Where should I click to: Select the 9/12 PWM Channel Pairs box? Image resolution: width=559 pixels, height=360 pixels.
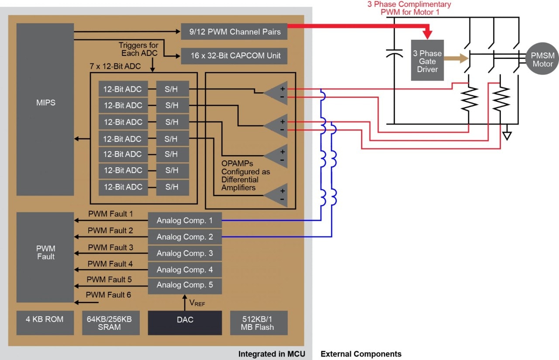(234, 31)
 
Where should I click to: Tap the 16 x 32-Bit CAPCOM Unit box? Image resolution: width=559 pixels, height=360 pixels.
(234, 56)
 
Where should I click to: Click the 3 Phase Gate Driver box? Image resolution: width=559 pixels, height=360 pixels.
(427, 61)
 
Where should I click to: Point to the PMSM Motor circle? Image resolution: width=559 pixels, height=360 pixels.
(542, 59)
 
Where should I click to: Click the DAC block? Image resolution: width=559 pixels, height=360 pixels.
(185, 323)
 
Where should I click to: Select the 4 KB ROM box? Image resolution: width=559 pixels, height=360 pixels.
(45, 323)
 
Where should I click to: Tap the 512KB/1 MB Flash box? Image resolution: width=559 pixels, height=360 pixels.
(259, 323)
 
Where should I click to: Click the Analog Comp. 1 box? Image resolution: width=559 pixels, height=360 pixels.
(185, 220)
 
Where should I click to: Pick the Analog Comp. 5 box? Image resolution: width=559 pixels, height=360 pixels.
(185, 285)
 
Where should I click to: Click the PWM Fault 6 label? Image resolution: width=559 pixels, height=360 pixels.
(108, 295)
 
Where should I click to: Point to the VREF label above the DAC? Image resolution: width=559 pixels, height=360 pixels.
(197, 302)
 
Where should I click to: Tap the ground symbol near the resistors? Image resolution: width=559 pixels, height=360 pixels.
(507, 135)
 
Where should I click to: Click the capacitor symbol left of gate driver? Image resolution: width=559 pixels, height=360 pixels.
(394, 54)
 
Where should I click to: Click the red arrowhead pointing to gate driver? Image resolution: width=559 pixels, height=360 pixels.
(427, 34)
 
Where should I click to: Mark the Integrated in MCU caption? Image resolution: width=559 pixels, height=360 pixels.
(272, 354)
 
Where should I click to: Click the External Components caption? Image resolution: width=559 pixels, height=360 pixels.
(361, 354)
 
